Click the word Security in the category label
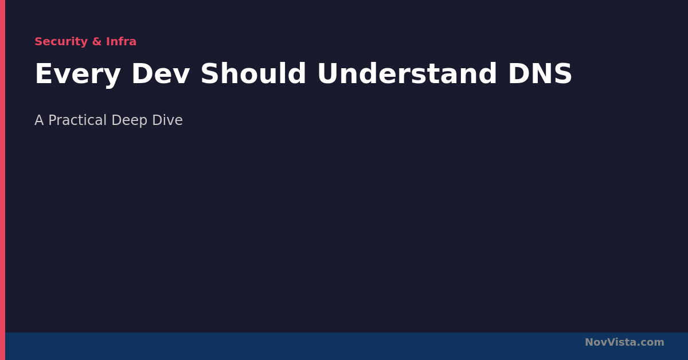(x=61, y=42)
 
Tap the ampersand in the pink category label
(x=97, y=41)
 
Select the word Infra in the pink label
(x=121, y=41)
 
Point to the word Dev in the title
(x=161, y=73)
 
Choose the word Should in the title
(x=253, y=73)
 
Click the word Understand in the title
(x=407, y=73)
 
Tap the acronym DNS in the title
(x=540, y=73)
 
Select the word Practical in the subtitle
(x=77, y=120)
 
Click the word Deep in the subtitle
(x=130, y=121)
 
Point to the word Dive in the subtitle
(x=167, y=120)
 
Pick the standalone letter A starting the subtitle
(x=39, y=120)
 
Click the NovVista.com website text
(x=624, y=342)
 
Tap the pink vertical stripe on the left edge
(x=2, y=180)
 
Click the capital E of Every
(x=44, y=73)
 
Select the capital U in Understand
(x=328, y=73)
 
